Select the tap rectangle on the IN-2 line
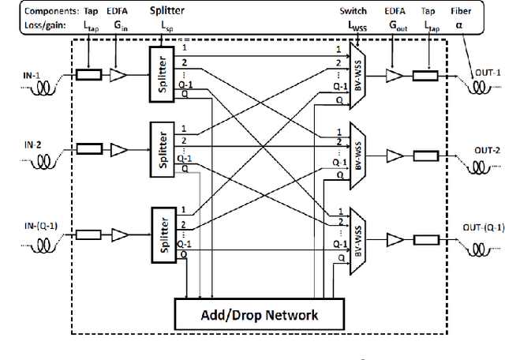point(88,148)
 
